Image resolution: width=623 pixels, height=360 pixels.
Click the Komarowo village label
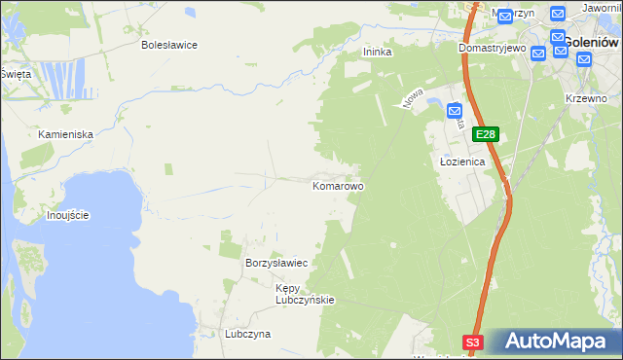pos(338,185)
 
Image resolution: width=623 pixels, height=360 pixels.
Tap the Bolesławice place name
pos(169,45)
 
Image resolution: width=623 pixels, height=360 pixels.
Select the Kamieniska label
pos(65,133)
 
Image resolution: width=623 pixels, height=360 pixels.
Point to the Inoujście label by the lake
pos(68,215)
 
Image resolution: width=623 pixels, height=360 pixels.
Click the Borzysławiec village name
pos(276,264)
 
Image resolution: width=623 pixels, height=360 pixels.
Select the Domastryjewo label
pos(493,47)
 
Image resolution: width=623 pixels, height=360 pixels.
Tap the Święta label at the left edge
pos(16,74)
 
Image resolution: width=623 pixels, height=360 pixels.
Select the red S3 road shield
pos(472,342)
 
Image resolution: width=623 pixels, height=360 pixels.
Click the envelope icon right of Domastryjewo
pos(538,53)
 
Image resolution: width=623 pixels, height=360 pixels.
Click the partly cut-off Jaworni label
pos(602,8)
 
